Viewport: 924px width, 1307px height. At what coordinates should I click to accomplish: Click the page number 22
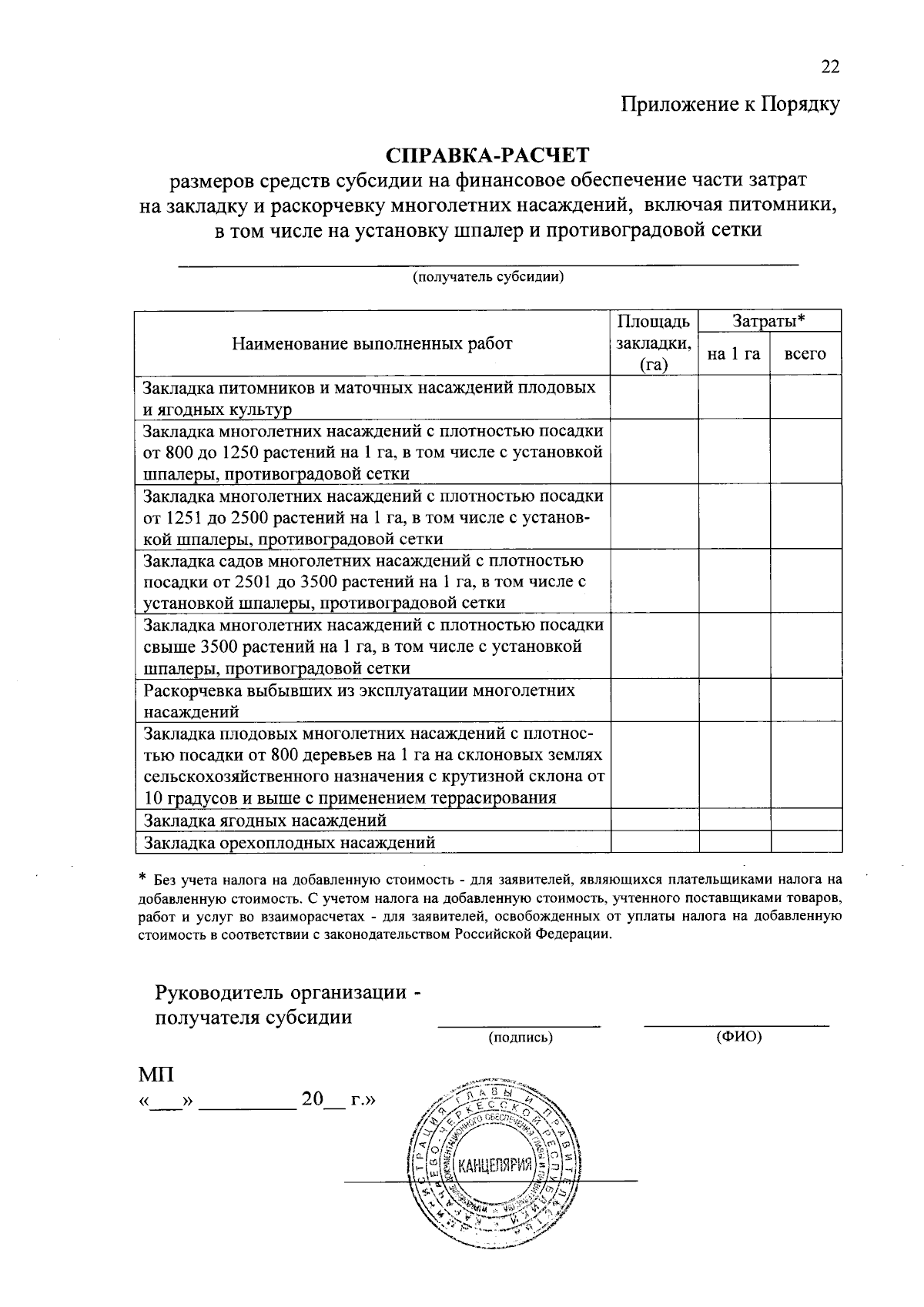click(829, 67)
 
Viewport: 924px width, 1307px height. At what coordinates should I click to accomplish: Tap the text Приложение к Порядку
click(730, 105)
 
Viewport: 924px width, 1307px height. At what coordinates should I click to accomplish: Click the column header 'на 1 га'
click(734, 354)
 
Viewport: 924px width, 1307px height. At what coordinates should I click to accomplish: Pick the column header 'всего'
click(805, 354)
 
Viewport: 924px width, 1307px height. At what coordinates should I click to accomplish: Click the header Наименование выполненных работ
click(372, 343)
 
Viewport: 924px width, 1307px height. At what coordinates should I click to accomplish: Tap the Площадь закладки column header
click(654, 343)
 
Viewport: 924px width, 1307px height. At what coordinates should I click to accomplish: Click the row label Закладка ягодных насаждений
click(265, 820)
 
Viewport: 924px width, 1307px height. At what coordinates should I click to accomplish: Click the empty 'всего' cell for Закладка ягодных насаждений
click(805, 820)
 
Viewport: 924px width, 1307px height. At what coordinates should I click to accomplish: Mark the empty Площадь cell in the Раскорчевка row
click(654, 700)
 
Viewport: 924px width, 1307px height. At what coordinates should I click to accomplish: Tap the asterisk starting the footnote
click(142, 877)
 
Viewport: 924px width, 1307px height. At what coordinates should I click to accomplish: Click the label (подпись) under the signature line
click(521, 1038)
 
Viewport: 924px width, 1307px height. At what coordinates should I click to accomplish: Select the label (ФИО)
click(738, 1037)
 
